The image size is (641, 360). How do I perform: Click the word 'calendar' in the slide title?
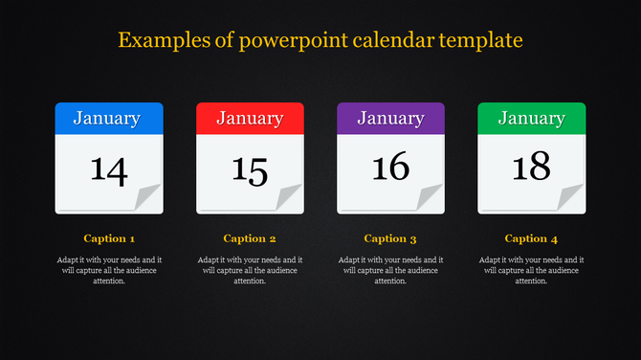[x=396, y=40]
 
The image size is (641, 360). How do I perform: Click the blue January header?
[x=108, y=119]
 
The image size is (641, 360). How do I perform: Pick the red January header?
[x=250, y=119]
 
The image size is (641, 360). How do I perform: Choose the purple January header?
[x=390, y=119]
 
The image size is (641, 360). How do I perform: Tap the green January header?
[x=531, y=119]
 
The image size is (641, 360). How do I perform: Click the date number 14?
[x=108, y=169]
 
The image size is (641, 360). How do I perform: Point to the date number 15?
[x=250, y=169]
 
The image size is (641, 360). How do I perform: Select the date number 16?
[x=390, y=168]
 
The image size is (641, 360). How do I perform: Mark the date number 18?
[x=531, y=168]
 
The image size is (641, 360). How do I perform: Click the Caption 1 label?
[x=109, y=238]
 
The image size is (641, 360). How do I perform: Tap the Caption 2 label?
[x=250, y=238]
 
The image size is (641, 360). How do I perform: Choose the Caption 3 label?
[x=390, y=238]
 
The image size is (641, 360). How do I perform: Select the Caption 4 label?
[x=531, y=238]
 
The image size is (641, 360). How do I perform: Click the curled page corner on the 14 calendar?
[x=148, y=199]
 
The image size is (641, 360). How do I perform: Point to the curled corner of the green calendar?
[x=571, y=199]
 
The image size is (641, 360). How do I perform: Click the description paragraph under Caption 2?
[x=250, y=270]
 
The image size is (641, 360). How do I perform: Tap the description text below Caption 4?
[x=531, y=270]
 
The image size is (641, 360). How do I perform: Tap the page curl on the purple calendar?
[x=431, y=199]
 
